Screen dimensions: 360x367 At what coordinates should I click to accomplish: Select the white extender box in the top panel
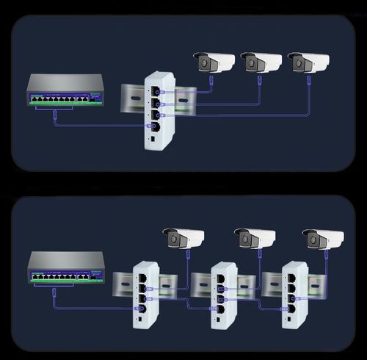click(x=157, y=109)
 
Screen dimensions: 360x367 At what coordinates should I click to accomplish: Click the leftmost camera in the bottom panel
click(x=183, y=238)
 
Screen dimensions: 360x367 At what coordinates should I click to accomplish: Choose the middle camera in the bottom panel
click(x=255, y=238)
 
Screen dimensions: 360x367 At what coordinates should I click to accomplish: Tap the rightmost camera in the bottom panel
click(x=323, y=239)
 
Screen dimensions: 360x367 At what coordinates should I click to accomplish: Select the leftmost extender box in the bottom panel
click(x=145, y=295)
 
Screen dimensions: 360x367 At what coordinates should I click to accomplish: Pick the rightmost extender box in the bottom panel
click(x=294, y=295)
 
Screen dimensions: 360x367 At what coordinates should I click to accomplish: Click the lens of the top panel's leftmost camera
click(x=200, y=64)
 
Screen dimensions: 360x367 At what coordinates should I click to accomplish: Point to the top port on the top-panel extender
click(x=155, y=91)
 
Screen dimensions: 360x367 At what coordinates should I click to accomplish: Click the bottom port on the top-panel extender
click(x=155, y=126)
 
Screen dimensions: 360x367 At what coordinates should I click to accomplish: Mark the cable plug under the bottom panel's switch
click(x=55, y=292)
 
